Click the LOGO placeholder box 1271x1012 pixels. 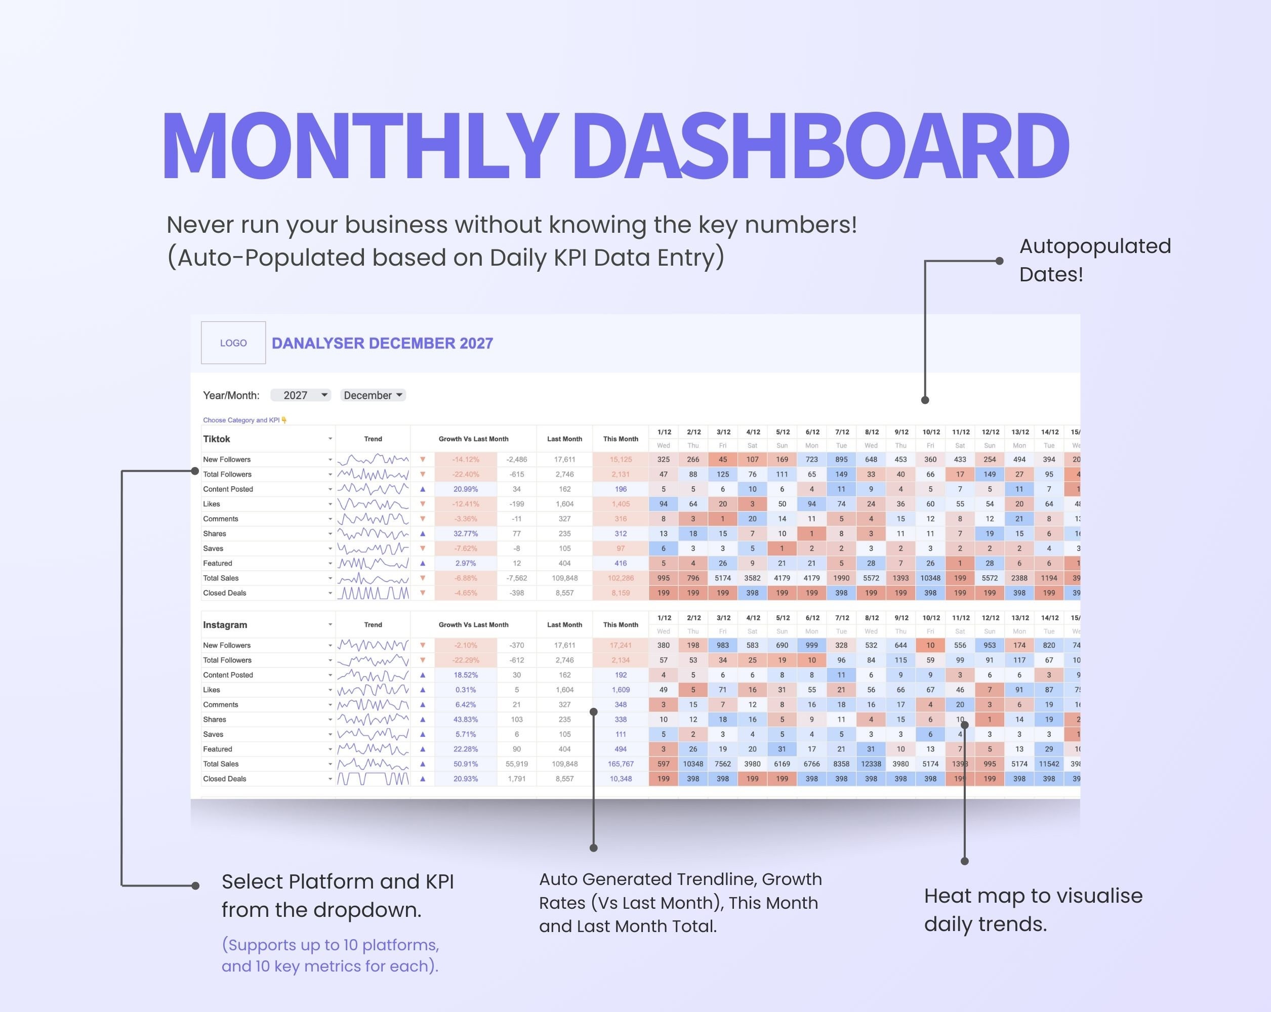233,343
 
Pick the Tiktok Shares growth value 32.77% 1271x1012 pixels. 465,533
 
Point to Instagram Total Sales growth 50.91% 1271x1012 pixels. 465,764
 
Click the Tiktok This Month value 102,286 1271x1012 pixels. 620,578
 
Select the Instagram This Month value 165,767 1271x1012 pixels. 620,764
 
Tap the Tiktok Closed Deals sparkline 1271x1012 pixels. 373,593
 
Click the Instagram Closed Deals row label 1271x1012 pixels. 225,779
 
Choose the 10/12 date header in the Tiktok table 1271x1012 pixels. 931,432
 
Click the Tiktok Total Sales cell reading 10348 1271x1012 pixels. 930,578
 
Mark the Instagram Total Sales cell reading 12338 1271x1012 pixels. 871,764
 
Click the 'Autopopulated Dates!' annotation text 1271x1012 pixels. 1095,260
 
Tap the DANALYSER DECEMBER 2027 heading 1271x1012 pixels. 382,343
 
